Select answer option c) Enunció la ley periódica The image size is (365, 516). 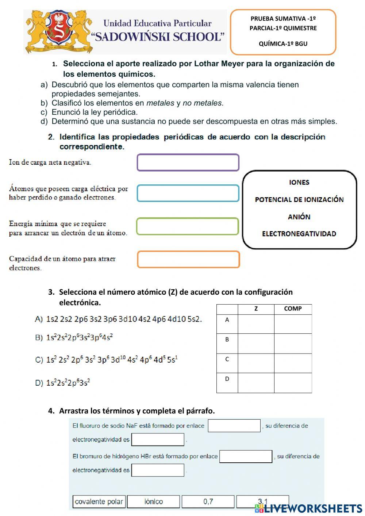tap(94, 112)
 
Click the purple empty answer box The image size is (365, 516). tap(188, 163)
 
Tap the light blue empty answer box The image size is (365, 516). tap(188, 193)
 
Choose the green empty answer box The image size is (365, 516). tap(188, 226)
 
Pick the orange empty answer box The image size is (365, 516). tap(188, 259)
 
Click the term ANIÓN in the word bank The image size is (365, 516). tap(299, 217)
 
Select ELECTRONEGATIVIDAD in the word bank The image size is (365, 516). tap(299, 234)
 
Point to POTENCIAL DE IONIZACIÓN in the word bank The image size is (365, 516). tap(299, 200)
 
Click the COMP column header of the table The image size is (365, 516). tap(293, 309)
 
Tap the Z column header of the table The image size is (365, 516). tap(256, 309)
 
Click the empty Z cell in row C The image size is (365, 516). tap(256, 363)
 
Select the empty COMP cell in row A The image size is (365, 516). tap(293, 324)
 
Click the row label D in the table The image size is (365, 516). tap(227, 379)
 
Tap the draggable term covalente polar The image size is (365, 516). tap(99, 501)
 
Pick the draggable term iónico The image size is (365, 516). tap(154, 501)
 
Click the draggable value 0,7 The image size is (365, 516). tap(208, 501)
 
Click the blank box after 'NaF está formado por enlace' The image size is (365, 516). tap(234, 426)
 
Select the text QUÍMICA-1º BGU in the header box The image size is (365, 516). tap(283, 44)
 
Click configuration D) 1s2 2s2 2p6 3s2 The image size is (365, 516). tap(63, 383)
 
